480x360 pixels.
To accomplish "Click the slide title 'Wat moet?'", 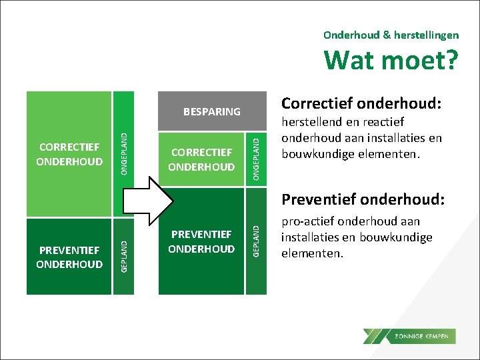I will pos(391,61).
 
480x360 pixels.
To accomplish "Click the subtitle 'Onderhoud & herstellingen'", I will pos(391,34).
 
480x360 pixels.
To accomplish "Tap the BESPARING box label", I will pos(212,111).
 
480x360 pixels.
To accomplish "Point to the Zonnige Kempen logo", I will pos(409,336).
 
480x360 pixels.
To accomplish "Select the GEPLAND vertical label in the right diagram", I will pos(256,237).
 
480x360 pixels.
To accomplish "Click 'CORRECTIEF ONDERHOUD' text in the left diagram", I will pos(71,154).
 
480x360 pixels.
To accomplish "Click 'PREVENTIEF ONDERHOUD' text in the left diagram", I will pos(71,257).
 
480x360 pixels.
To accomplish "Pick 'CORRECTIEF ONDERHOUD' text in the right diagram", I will pos(201,160).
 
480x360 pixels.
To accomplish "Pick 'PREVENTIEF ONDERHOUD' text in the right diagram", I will pos(201,241).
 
